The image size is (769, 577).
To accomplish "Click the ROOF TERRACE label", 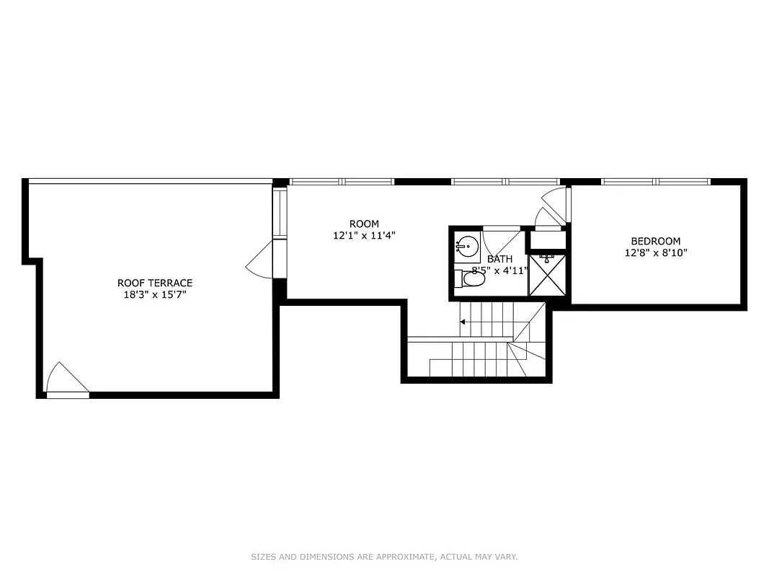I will pyautogui.click(x=155, y=283).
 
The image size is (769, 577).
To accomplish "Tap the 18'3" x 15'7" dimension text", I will pyautogui.click(x=155, y=294).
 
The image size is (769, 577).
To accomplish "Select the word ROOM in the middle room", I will pyautogui.click(x=364, y=224).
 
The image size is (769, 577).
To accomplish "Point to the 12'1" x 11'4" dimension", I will pyautogui.click(x=364, y=235).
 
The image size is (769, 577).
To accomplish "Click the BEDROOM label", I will pyautogui.click(x=655, y=241).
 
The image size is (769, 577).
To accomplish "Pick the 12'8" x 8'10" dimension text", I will pyautogui.click(x=655, y=252).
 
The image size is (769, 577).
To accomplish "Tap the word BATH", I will pyautogui.click(x=499, y=259).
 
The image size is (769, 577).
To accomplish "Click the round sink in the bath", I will pyautogui.click(x=468, y=247).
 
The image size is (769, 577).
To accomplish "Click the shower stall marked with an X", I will pyautogui.click(x=548, y=275).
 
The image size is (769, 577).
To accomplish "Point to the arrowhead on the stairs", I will pyautogui.click(x=463, y=322).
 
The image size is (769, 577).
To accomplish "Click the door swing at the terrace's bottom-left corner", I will pyautogui.click(x=65, y=379).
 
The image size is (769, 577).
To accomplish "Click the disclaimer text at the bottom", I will pyautogui.click(x=384, y=557).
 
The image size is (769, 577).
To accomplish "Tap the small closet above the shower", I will pyautogui.click(x=548, y=239).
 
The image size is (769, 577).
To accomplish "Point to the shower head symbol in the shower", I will pyautogui.click(x=547, y=256).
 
